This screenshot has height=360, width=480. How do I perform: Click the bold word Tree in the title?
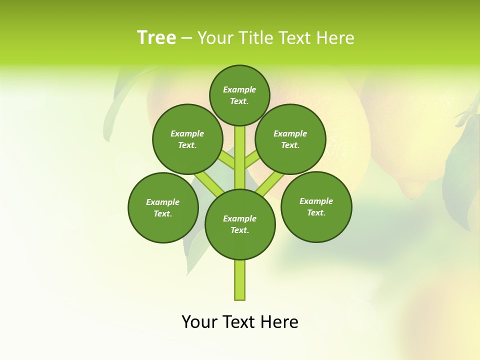pyautogui.click(x=156, y=37)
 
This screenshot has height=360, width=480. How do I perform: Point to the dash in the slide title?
pyautogui.click(x=187, y=38)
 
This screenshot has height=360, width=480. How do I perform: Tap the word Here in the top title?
pyautogui.click(x=335, y=38)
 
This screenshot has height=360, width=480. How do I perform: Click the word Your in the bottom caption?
pyautogui.click(x=199, y=322)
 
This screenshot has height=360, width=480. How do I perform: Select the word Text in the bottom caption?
pyautogui.click(x=239, y=322)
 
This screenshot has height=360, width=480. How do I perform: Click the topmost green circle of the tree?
pyautogui.click(x=239, y=95)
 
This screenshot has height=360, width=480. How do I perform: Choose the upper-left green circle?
pyautogui.click(x=187, y=139)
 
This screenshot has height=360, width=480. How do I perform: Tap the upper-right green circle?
pyautogui.click(x=290, y=139)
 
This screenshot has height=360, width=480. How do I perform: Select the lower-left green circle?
pyautogui.click(x=163, y=207)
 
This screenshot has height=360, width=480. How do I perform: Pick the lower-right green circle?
pyautogui.click(x=316, y=206)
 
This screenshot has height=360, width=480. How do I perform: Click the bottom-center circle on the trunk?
pyautogui.click(x=240, y=224)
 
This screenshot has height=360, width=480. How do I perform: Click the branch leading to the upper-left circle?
pyautogui.click(x=227, y=160)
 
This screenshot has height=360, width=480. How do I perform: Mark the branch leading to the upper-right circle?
pyautogui.click(x=252, y=159)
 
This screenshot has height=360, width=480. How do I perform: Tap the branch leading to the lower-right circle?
pyautogui.click(x=270, y=183)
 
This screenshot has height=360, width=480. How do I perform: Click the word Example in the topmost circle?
pyautogui.click(x=239, y=89)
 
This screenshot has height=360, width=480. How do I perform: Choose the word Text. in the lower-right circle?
pyautogui.click(x=316, y=212)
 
